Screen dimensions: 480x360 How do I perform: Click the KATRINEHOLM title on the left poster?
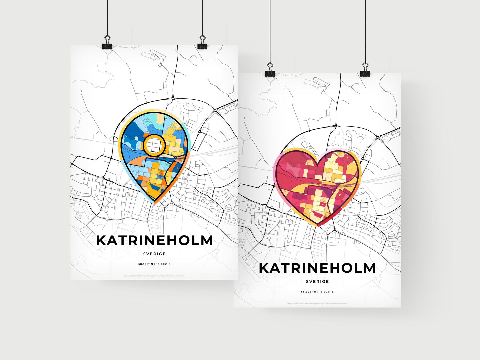[154, 241]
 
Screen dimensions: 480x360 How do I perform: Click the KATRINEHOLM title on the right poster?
[317, 268]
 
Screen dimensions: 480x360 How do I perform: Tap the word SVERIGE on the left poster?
[154, 254]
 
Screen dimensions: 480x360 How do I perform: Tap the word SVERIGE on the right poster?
[317, 282]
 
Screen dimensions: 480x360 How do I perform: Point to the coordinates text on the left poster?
[154, 264]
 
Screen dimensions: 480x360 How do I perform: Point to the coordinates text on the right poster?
[317, 292]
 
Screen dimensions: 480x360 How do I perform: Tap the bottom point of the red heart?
[317, 226]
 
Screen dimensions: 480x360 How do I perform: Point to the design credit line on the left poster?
[154, 276]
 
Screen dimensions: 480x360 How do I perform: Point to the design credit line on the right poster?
[317, 303]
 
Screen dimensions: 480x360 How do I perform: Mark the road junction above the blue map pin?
[173, 98]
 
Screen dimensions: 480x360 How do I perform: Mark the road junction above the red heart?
[336, 126]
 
